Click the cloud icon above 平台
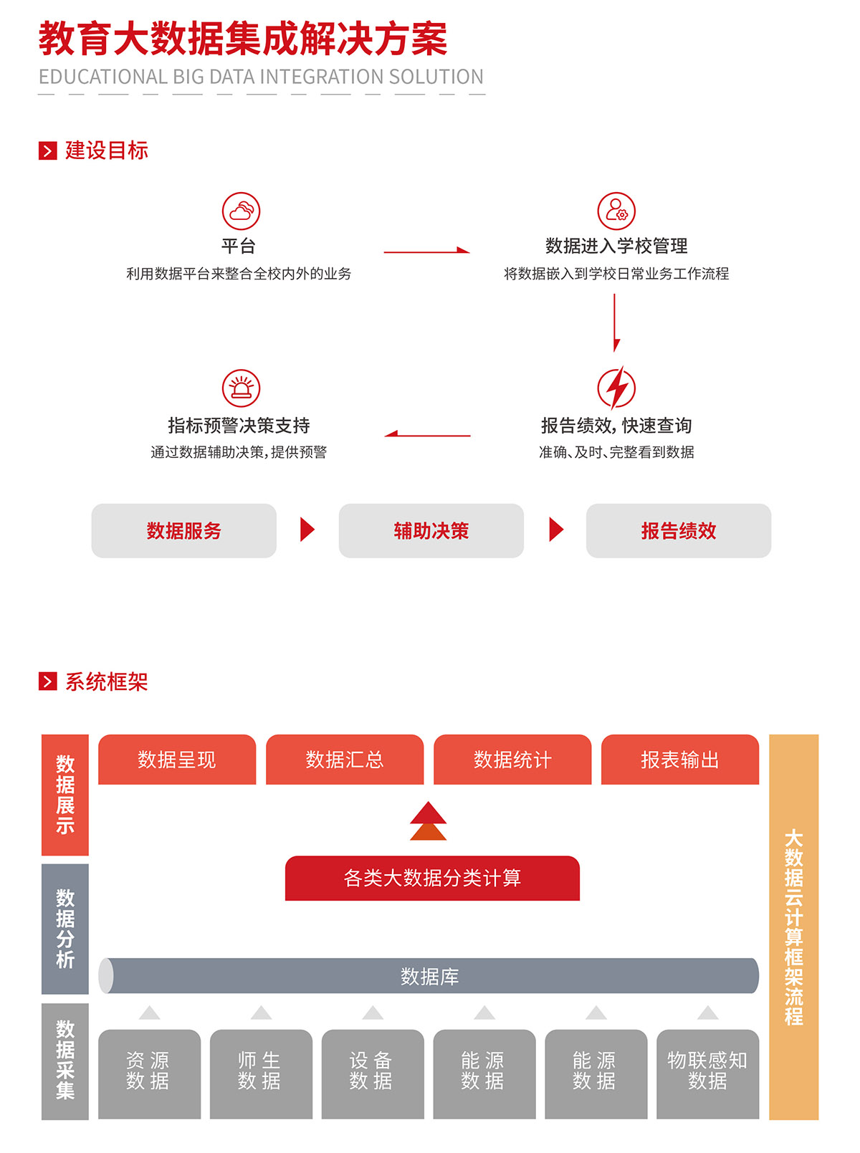[x=241, y=211]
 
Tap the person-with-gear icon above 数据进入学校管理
[x=616, y=211]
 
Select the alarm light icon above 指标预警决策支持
[x=241, y=388]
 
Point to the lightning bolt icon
[x=616, y=388]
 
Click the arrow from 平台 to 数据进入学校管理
[x=426, y=251]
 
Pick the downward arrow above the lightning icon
[x=615, y=322]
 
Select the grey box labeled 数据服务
[x=183, y=531]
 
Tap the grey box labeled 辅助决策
[x=431, y=531]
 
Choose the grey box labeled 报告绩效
[x=678, y=531]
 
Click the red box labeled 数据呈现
[x=176, y=760]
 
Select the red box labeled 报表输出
[x=679, y=760]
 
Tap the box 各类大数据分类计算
[x=432, y=878]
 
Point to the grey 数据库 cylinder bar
[x=429, y=976]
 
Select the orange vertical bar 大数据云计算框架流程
[x=793, y=927]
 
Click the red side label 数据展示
[x=65, y=795]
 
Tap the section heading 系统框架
[x=106, y=681]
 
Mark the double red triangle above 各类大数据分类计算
[x=428, y=821]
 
